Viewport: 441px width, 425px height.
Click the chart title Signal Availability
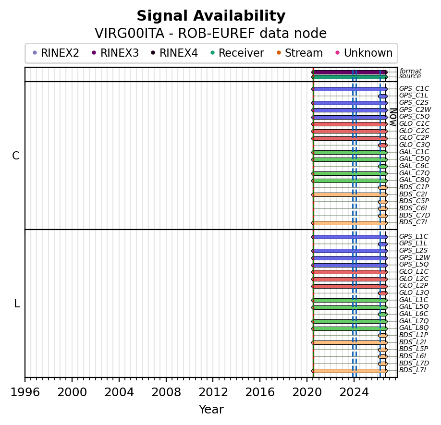211,16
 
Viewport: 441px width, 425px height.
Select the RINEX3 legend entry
115,53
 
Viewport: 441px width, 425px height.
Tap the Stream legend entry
300,53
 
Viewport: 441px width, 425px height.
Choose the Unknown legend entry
364,53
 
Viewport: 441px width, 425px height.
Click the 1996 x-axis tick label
25,392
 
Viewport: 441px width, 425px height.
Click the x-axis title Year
211,409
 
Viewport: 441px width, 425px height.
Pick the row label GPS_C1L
414,96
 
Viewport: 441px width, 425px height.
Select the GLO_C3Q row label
415,145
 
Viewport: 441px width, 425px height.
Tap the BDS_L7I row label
413,370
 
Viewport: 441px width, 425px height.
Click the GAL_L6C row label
414,314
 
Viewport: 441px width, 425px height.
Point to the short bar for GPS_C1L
383,97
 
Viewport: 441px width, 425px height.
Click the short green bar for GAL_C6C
383,167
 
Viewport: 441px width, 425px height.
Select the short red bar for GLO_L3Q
383,293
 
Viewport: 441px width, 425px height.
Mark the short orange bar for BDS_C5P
383,202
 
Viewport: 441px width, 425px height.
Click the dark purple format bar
350,72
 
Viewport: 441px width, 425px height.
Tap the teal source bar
350,77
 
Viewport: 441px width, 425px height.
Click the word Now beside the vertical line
393,117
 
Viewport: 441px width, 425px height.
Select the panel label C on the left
16,156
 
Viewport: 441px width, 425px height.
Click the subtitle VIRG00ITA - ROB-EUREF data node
211,33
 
